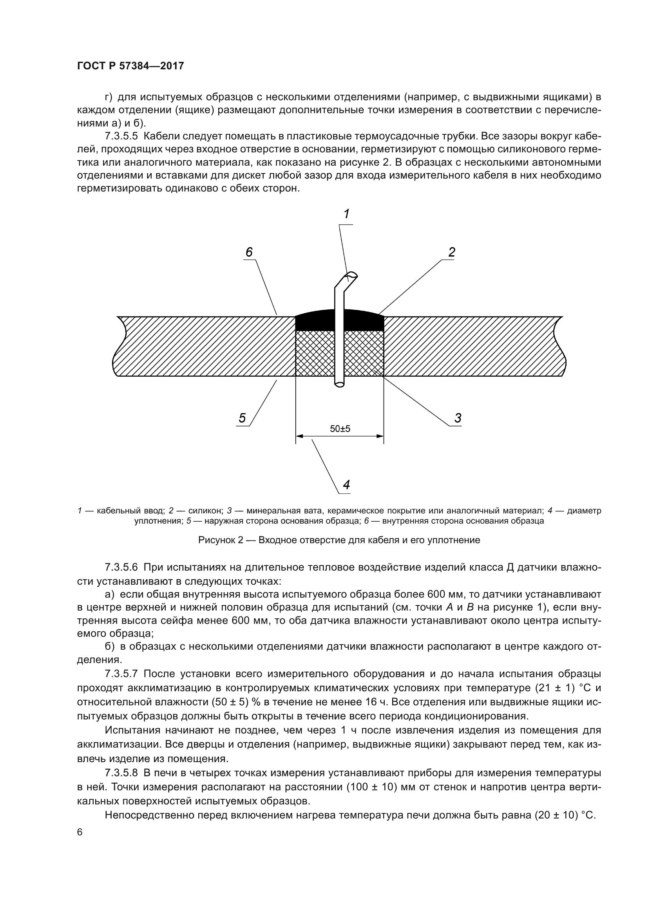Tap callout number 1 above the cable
point(346,214)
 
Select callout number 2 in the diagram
point(451,252)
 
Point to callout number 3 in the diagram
point(457,418)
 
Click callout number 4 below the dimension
point(346,485)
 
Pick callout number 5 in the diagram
point(242,418)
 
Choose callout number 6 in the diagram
point(249,252)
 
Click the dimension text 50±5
point(340,429)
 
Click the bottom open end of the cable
point(340,385)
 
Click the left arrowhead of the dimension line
point(300,436)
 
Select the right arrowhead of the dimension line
point(380,436)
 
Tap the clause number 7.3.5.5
point(121,136)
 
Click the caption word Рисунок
point(217,540)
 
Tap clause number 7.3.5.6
point(121,567)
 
